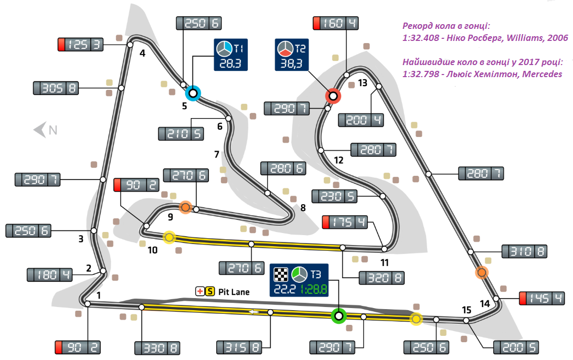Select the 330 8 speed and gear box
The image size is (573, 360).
click(x=157, y=347)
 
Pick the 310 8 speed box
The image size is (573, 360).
click(x=525, y=251)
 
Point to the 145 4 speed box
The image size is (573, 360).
click(x=542, y=299)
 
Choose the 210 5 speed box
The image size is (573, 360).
click(x=181, y=133)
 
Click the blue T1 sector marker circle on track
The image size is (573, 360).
click(x=193, y=93)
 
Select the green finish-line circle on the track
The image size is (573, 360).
click(x=338, y=316)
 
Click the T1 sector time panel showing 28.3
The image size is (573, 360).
click(x=231, y=55)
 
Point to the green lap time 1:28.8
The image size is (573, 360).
click(x=314, y=288)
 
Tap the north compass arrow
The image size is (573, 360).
click(x=39, y=130)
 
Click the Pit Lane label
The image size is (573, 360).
click(x=234, y=292)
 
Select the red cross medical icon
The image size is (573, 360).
click(x=199, y=291)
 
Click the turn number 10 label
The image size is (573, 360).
click(x=152, y=250)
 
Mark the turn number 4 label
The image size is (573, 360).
click(x=142, y=52)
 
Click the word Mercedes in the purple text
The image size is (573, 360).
click(x=540, y=74)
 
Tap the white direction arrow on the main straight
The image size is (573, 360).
click(x=254, y=312)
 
